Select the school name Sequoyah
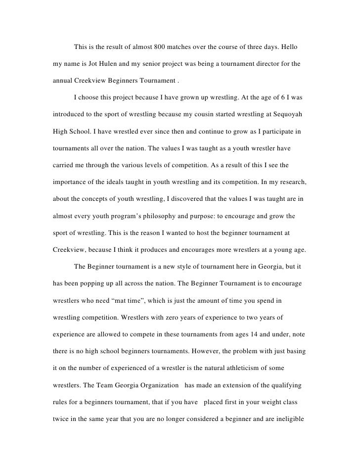coord(292,117)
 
